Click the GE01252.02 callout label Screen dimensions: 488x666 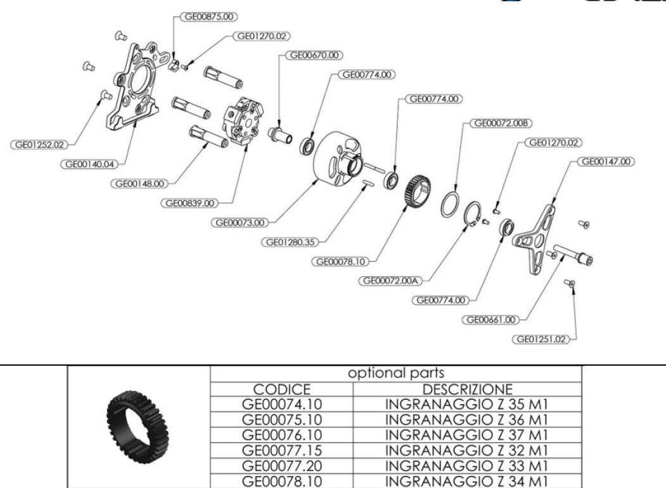[x=36, y=144]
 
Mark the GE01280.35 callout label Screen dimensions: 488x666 [x=289, y=241]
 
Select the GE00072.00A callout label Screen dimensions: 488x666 [x=389, y=280]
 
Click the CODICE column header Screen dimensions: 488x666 [x=281, y=388]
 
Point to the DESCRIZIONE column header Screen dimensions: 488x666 [x=467, y=388]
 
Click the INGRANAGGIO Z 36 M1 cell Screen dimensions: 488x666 [x=467, y=415]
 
